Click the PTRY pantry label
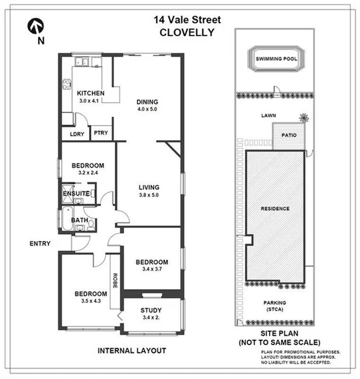pyautogui.click(x=100, y=133)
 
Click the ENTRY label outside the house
pyautogui.click(x=40, y=243)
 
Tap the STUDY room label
pyautogui.click(x=151, y=311)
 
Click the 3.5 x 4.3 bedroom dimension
pyautogui.click(x=90, y=302)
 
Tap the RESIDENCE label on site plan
pyautogui.click(x=275, y=208)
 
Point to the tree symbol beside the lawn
pyautogui.click(x=304, y=120)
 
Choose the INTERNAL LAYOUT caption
pyautogui.click(x=132, y=350)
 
